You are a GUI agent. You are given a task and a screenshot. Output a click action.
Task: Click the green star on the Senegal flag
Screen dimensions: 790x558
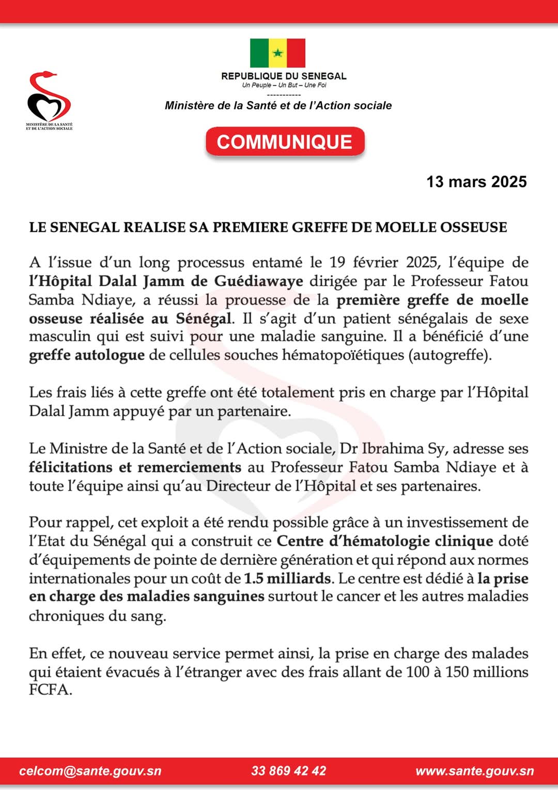[x=278, y=53]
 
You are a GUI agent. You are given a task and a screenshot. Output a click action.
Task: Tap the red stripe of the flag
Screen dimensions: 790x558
[x=296, y=53]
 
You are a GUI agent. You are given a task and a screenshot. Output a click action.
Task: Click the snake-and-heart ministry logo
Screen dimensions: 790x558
[x=49, y=98]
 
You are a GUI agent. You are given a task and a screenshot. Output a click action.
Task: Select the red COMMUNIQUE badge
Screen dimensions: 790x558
[x=285, y=142]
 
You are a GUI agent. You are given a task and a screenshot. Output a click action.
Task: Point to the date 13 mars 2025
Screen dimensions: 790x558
[x=476, y=182]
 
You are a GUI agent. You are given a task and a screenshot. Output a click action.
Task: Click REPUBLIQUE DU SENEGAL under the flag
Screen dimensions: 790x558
[x=284, y=76]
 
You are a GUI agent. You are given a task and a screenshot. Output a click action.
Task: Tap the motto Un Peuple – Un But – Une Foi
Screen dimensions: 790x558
[x=284, y=85]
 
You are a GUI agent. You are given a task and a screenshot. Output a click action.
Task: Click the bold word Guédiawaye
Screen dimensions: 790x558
[x=258, y=281]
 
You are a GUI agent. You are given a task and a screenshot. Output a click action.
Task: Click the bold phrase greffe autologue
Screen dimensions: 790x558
[x=87, y=355]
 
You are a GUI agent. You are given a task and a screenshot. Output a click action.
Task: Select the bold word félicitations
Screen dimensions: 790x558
[x=70, y=467]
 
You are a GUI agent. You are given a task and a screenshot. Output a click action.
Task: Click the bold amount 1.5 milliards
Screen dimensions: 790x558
[x=287, y=578]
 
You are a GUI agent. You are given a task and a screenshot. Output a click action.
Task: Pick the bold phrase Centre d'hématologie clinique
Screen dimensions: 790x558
[x=385, y=541]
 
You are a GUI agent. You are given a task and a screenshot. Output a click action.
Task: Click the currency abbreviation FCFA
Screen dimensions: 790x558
[x=50, y=690]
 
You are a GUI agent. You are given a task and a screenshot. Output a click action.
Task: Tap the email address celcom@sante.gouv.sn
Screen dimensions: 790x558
[x=90, y=771]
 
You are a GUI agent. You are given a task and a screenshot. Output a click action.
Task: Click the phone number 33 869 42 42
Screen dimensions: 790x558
[x=288, y=771]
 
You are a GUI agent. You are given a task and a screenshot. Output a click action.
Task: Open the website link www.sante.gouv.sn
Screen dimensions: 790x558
[x=474, y=771]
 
